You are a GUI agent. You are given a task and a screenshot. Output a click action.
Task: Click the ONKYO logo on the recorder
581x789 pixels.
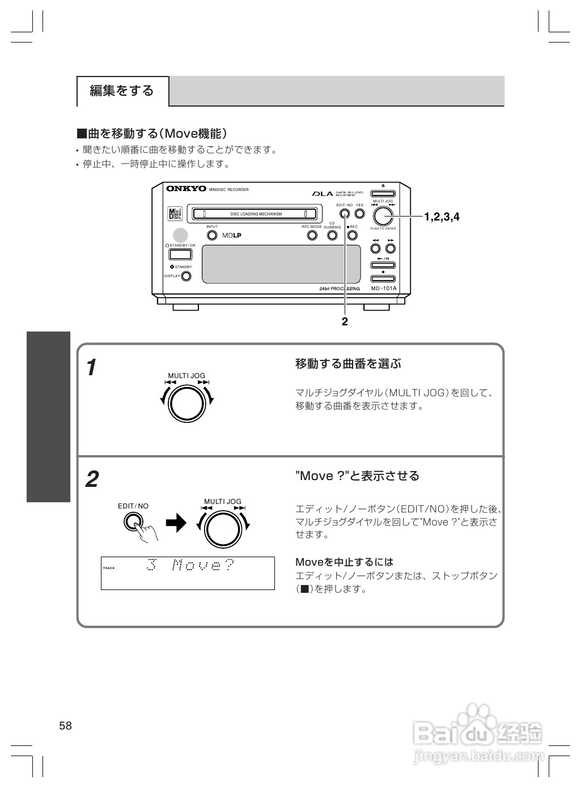pos(186,189)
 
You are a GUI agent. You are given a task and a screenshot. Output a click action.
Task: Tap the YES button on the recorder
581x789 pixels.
pos(359,214)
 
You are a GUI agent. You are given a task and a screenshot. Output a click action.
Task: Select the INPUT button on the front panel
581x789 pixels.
pos(211,235)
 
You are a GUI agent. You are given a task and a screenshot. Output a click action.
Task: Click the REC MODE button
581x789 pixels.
pos(312,235)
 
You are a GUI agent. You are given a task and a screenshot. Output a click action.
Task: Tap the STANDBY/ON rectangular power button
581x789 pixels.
pos(180,254)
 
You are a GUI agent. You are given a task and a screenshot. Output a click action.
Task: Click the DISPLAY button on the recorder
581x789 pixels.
pos(185,277)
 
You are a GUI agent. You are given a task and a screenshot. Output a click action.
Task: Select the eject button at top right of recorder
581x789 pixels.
pos(383,192)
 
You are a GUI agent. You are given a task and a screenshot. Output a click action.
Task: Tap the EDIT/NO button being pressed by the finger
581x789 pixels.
pos(133,521)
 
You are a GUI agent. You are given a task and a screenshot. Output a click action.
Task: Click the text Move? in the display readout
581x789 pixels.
pos(203,565)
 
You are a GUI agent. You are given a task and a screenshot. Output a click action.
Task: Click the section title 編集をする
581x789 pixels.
pos(122,91)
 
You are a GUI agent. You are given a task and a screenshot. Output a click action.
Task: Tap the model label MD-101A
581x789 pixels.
pos(384,289)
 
